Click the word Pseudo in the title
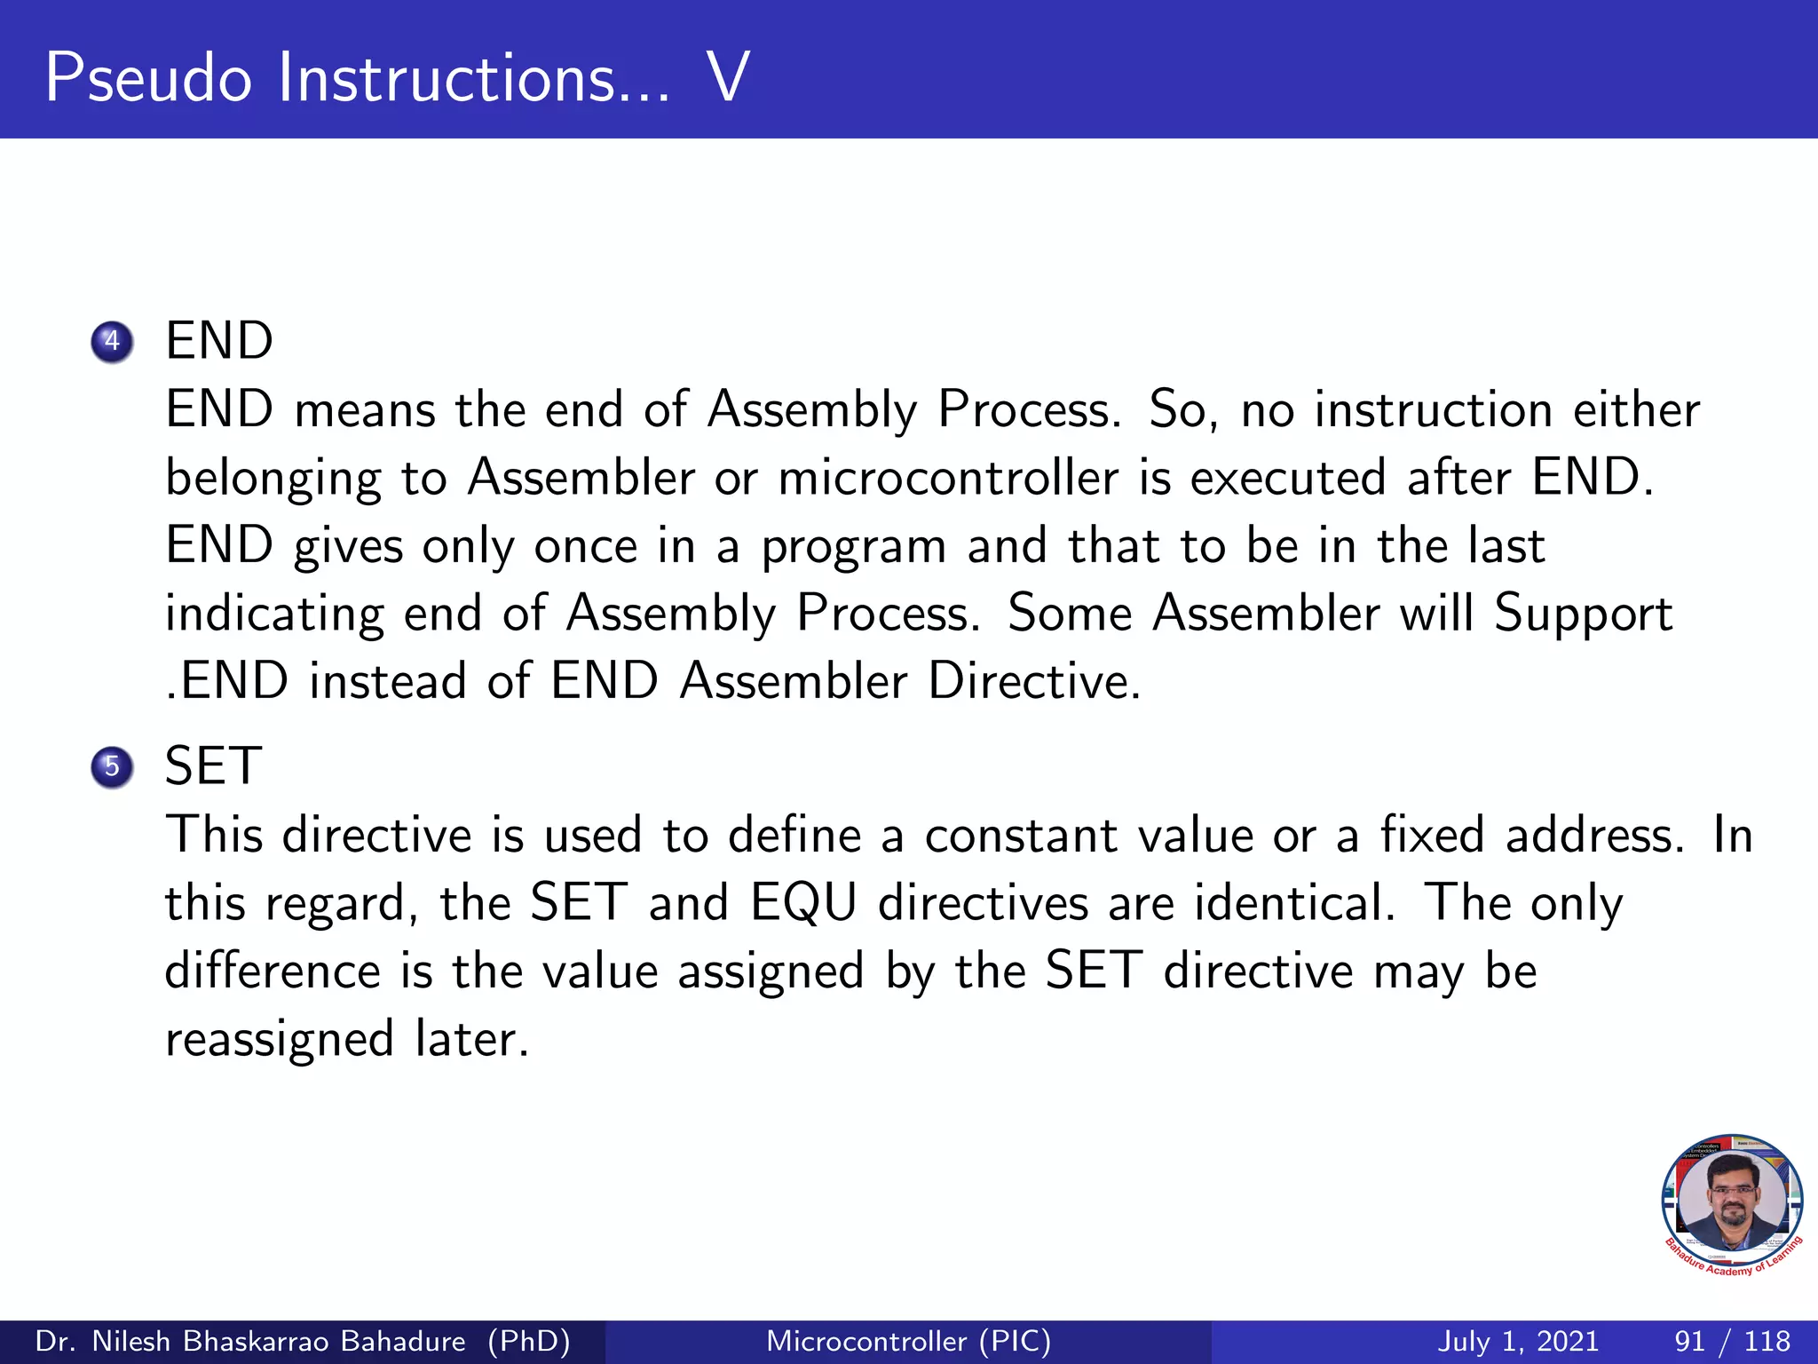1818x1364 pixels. tap(148, 78)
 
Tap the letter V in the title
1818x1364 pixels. tap(729, 78)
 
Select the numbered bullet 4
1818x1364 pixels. tap(112, 342)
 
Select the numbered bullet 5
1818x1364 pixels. tap(112, 766)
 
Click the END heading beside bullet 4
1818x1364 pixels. tap(219, 341)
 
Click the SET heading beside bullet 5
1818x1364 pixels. tap(213, 765)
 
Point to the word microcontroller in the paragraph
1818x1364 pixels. tap(947, 478)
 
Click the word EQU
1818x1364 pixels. tap(803, 903)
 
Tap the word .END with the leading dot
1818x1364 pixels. tap(227, 681)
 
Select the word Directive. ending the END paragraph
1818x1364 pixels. tap(1034, 681)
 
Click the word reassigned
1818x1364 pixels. tap(280, 1040)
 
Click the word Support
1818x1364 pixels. tap(1583, 615)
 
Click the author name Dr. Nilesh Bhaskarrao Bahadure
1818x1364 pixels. tap(250, 1341)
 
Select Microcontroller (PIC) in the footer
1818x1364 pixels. tap(908, 1341)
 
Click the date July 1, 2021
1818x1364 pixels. tap(1518, 1341)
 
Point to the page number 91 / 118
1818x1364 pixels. tap(1732, 1341)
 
